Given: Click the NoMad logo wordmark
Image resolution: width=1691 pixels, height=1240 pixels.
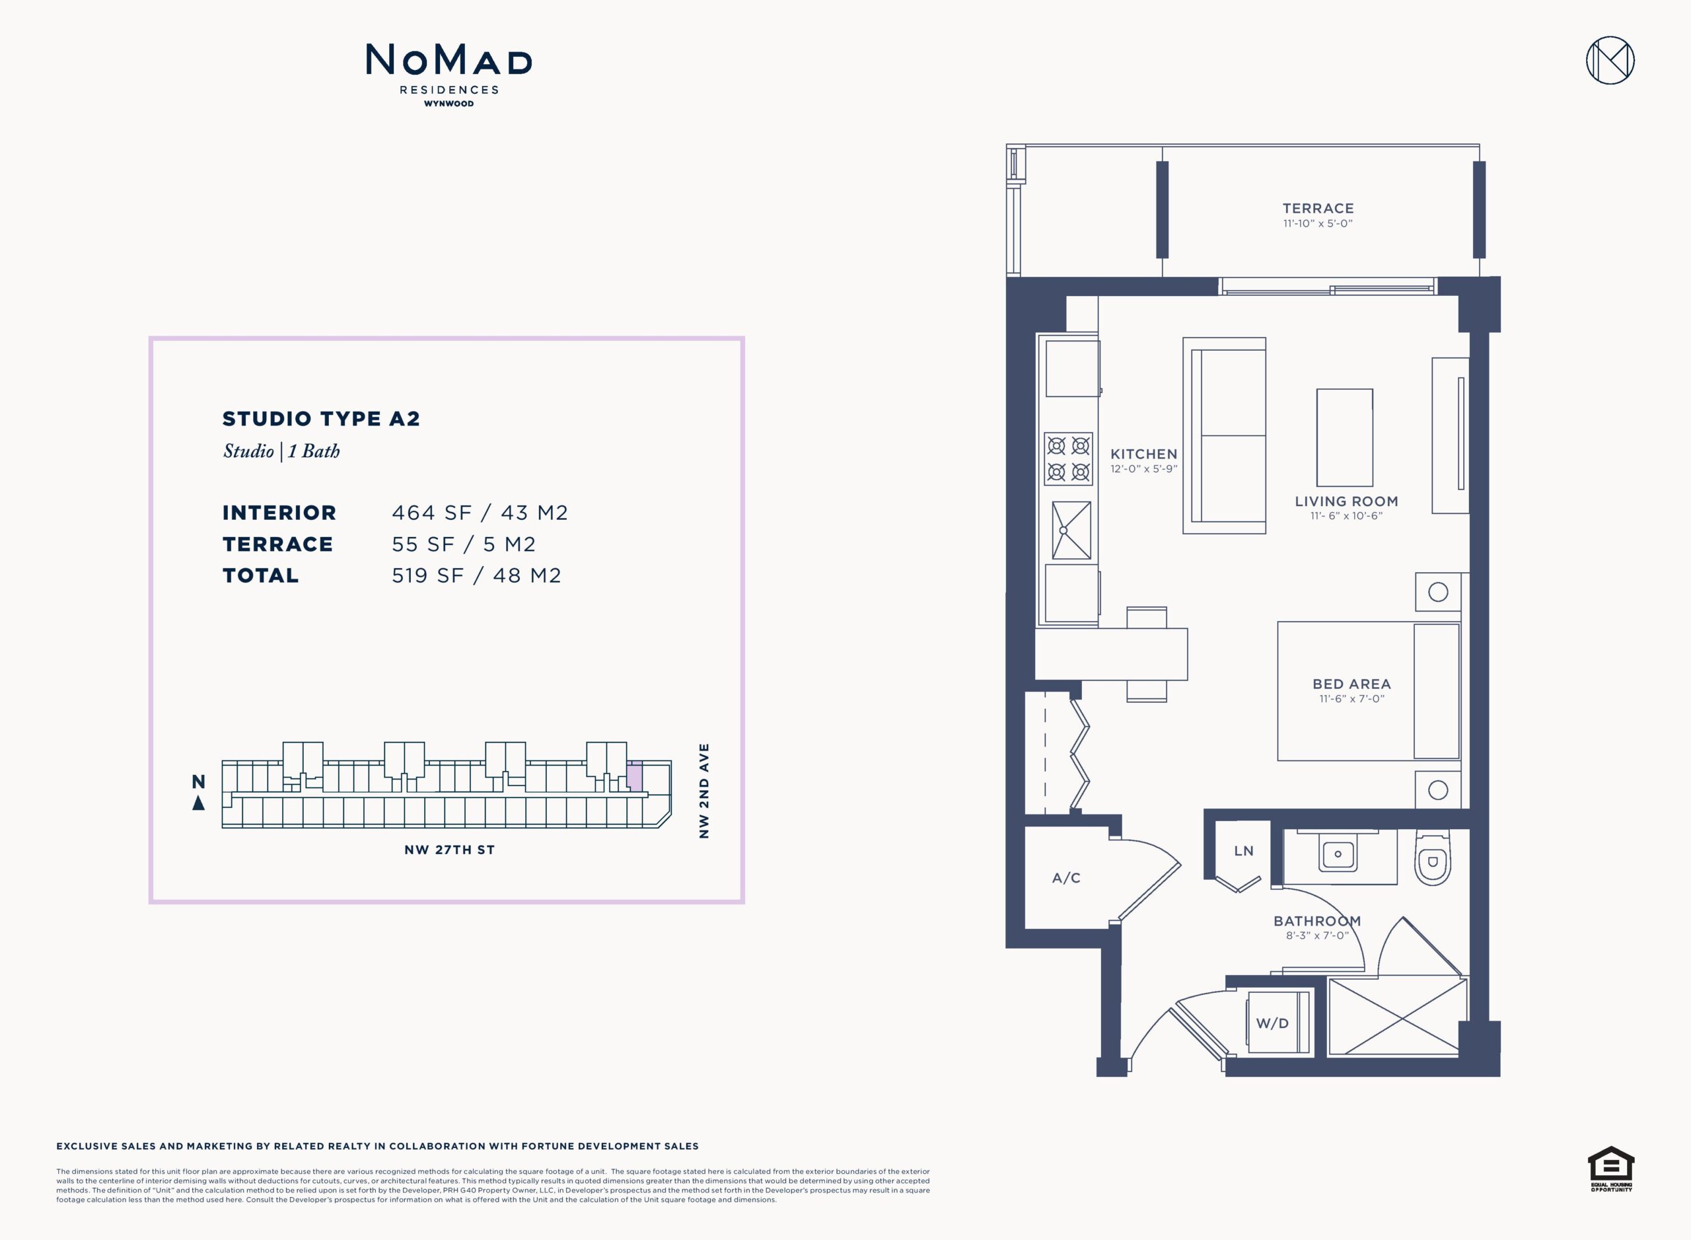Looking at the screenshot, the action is [449, 60].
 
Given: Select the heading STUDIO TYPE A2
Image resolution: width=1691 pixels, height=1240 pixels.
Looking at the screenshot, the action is [321, 419].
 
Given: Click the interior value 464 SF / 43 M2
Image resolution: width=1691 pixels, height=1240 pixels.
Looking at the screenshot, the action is [480, 513].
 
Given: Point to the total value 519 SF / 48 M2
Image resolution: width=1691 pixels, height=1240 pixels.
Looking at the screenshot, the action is [477, 575].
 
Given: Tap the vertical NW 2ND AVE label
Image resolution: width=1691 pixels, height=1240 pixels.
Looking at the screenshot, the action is [704, 791].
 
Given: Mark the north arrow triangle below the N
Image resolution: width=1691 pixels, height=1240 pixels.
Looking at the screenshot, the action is [198, 803].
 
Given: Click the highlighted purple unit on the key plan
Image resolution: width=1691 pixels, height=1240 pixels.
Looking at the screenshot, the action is [635, 777].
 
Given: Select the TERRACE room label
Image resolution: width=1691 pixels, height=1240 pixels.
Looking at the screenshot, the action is [1318, 209].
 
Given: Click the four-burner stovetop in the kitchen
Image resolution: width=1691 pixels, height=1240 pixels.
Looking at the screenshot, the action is [1068, 458].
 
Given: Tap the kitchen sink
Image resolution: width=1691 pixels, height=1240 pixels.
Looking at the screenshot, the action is [1071, 530].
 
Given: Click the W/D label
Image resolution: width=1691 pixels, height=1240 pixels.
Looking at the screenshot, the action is [1272, 1024].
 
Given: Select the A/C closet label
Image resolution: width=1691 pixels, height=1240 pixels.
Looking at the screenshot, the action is [1065, 878].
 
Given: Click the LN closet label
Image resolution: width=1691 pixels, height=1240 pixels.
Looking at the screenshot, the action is [1244, 851].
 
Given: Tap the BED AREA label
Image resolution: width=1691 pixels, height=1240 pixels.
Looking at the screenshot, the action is [1351, 684].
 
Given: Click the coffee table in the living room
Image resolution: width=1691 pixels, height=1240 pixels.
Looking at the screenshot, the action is [1344, 437].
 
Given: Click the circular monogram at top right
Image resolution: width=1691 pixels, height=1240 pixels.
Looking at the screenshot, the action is [1610, 60].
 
